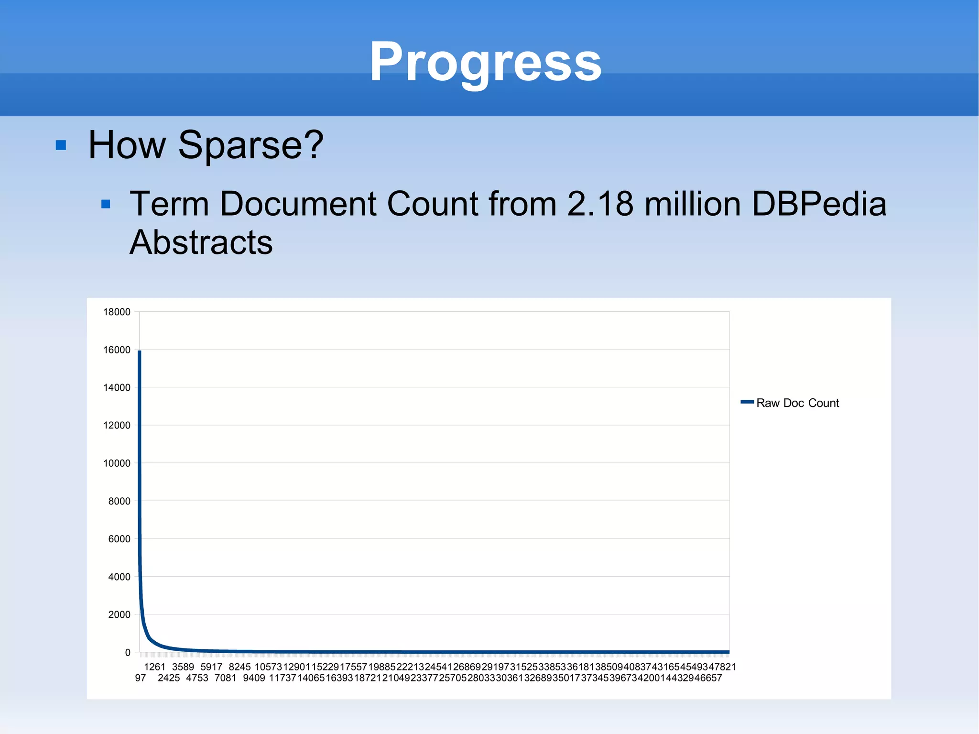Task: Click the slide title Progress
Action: click(485, 62)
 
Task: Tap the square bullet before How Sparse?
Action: click(61, 145)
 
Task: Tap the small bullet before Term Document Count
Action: click(106, 205)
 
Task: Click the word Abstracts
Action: click(201, 242)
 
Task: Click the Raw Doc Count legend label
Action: click(797, 403)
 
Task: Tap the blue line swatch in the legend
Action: click(747, 402)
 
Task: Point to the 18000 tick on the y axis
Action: click(117, 312)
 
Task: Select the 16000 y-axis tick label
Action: click(117, 350)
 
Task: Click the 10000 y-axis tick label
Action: click(117, 463)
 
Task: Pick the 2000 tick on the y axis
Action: click(119, 614)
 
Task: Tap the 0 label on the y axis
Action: click(128, 652)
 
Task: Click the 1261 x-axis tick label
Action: click(154, 667)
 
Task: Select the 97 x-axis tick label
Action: click(140, 678)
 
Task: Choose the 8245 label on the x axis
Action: click(239, 667)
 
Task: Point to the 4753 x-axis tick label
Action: click(197, 678)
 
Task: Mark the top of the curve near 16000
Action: click(140, 352)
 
